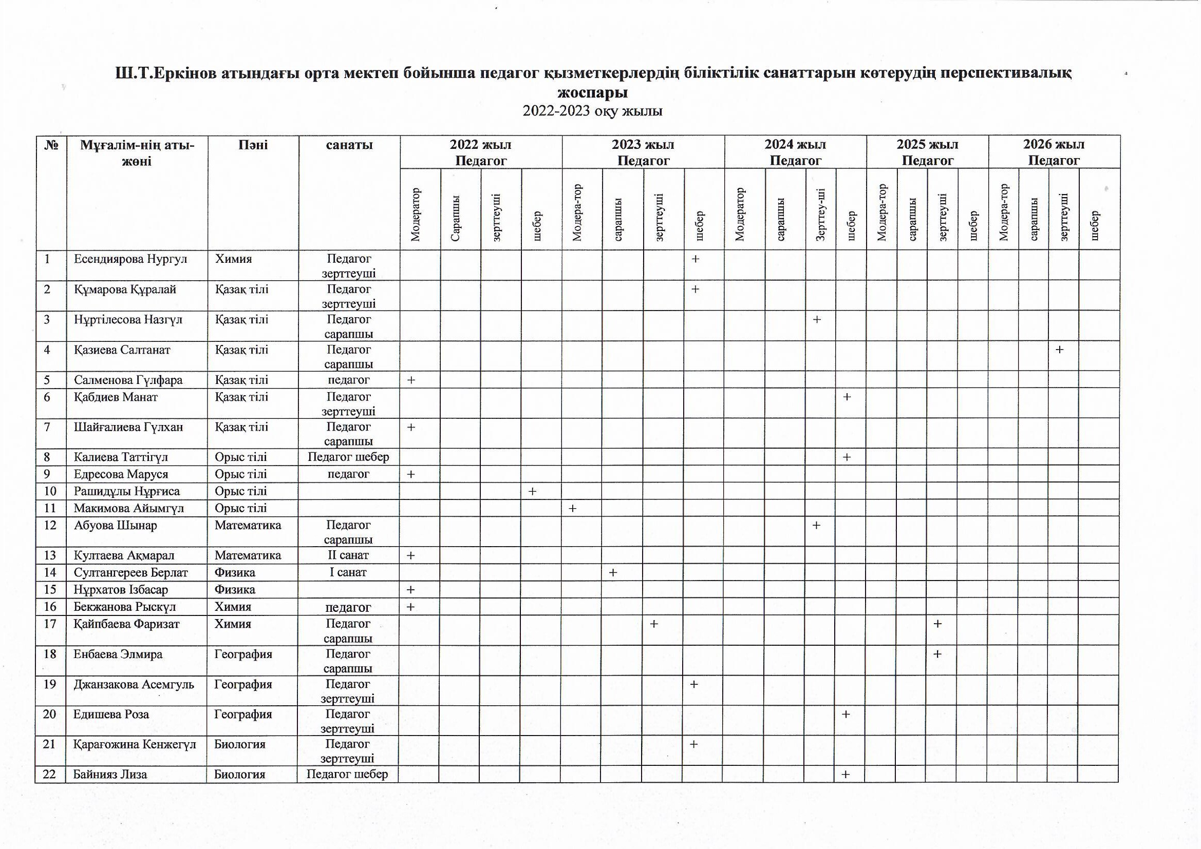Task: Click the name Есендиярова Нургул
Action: click(x=130, y=259)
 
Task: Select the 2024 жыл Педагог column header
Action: click(x=795, y=152)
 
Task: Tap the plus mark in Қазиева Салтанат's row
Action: click(x=1059, y=350)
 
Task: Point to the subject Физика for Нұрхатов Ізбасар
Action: click(x=235, y=590)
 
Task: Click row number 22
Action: click(x=49, y=774)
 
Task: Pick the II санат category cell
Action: click(x=348, y=555)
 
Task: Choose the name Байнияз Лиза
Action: click(x=110, y=774)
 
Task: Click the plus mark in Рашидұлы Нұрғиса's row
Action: click(x=533, y=491)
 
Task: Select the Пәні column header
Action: click(x=253, y=145)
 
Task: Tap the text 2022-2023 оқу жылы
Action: click(x=593, y=111)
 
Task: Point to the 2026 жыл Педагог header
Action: click(x=1054, y=152)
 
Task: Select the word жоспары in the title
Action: click(x=593, y=93)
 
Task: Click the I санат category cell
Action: click(x=348, y=572)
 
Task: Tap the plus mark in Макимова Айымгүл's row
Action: click(x=573, y=508)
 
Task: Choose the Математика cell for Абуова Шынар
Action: click(x=248, y=526)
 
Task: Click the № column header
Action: click(x=51, y=145)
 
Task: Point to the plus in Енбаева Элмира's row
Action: click(x=937, y=654)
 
